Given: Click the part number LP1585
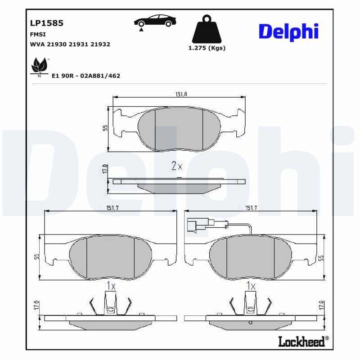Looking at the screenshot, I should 46,22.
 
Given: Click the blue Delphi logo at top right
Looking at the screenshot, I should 289,31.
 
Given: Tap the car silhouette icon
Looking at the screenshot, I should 155,22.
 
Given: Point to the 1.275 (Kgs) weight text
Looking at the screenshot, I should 207,48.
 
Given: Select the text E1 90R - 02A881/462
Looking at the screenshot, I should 86,76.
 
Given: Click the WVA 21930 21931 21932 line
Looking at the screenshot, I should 70,45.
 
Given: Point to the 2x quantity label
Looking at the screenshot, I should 177,166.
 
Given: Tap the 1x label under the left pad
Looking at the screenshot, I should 111,286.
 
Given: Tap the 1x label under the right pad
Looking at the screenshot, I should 251,286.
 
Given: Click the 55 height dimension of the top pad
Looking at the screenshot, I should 104,128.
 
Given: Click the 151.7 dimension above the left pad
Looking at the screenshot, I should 111,207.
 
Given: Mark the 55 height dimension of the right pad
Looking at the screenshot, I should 321,257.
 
